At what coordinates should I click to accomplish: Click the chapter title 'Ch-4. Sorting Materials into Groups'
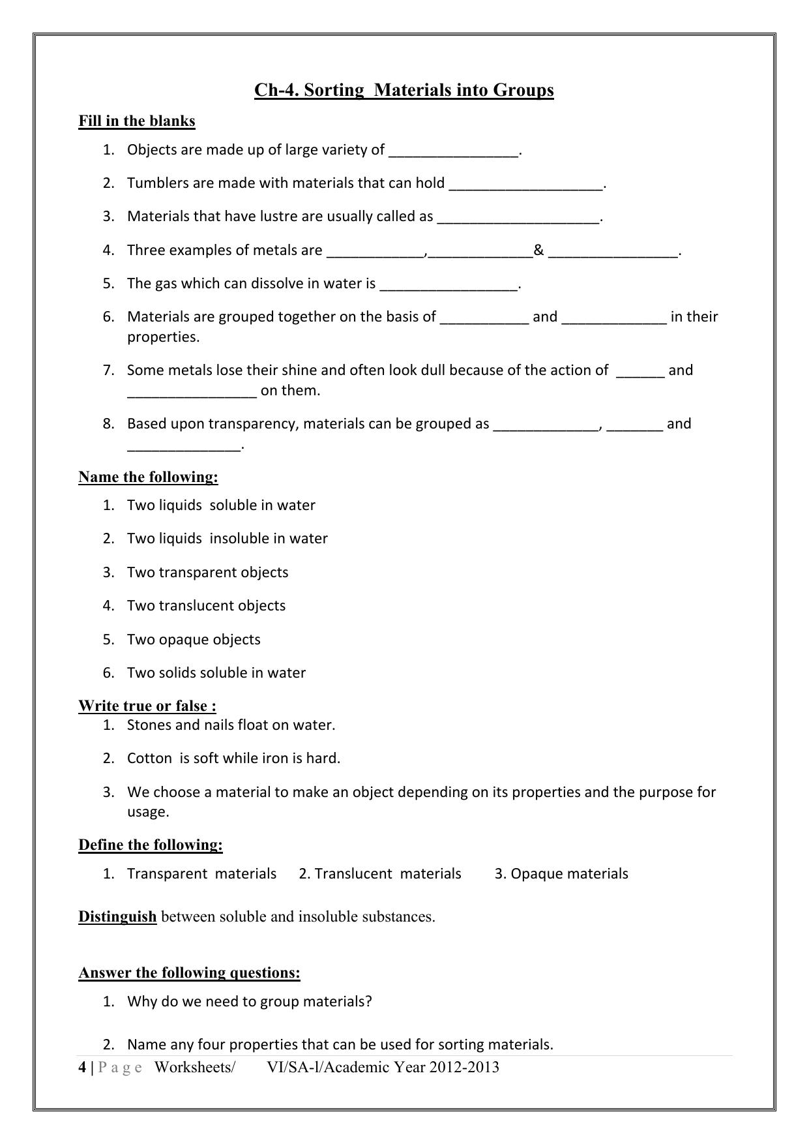click(404, 90)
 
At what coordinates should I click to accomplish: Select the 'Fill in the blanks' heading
click(137, 121)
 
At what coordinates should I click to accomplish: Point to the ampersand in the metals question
click(538, 250)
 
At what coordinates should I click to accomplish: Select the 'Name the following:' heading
click(148, 477)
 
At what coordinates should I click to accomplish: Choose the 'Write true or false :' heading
click(147, 706)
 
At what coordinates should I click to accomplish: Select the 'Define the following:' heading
click(151, 845)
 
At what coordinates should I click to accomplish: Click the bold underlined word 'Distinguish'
click(117, 917)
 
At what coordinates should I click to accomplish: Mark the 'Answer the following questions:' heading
click(189, 973)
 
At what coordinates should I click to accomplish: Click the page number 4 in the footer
click(82, 1068)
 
